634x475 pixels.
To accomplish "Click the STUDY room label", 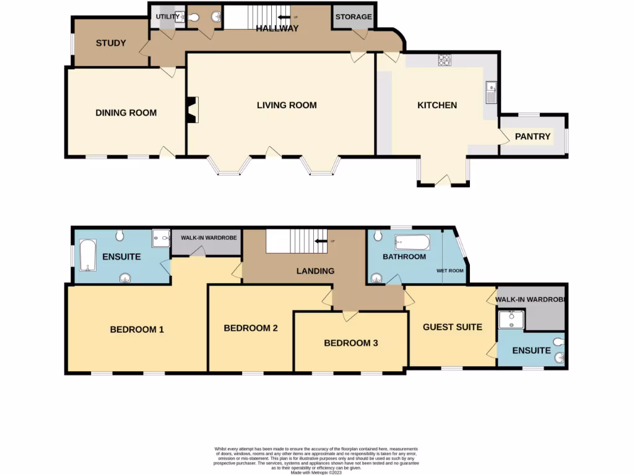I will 111,43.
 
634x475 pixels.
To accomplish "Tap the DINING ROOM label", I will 126,113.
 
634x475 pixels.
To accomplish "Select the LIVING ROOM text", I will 287,105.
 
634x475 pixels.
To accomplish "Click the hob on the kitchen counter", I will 445,60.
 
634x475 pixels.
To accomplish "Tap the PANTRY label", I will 532,136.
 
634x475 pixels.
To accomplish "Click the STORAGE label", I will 354,17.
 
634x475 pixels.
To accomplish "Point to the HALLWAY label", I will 277,28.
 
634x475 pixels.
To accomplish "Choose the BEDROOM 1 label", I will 137,330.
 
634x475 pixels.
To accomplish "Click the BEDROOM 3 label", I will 350,343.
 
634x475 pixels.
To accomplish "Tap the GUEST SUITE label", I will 452,327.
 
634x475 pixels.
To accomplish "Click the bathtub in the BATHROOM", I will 412,242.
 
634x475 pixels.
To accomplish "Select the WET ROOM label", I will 449,270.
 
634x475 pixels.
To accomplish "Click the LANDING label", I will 315,271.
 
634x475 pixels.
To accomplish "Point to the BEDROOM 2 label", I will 251,328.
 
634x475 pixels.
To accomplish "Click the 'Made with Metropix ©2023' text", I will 316,472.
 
